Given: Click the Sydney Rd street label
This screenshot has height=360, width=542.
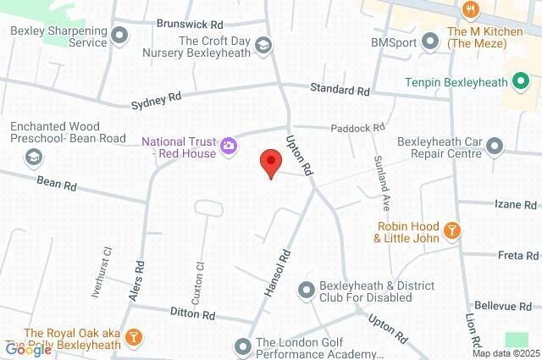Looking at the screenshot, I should pos(156,101).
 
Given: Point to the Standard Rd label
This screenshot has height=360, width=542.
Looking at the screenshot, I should pos(340,89).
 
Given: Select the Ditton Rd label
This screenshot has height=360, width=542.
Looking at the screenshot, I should pos(196,314).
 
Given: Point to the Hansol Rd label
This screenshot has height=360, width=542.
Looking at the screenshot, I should pos(278,270).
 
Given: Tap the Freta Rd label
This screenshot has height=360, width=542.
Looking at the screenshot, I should pos(518,255).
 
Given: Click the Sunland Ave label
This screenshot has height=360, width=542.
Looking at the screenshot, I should pos(381,183).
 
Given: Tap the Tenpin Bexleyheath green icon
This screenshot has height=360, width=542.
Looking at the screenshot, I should pos(522,82).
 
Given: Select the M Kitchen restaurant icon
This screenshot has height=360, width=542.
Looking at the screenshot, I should pos(472,10).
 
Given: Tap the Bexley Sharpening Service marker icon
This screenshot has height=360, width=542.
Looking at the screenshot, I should pos(120,36).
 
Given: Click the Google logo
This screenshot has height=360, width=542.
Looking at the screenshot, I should pos(28,348).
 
